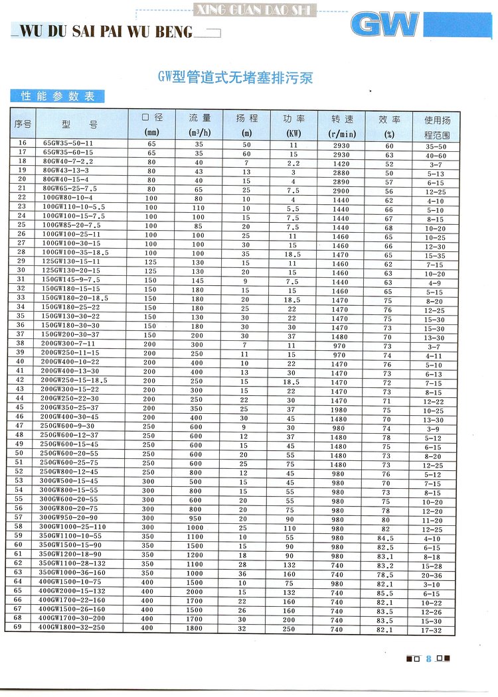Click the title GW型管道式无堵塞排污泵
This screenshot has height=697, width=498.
236,78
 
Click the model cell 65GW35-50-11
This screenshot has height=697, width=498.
68,143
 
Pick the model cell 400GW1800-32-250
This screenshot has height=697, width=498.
72,627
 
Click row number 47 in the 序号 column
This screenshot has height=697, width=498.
20,425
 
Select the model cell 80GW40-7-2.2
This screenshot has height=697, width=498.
68,161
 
